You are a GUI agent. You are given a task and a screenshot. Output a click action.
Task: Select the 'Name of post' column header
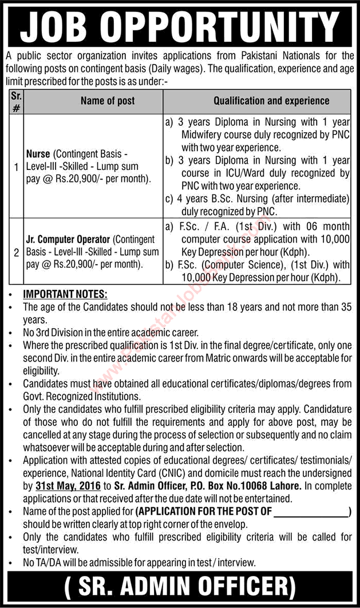tap(108, 101)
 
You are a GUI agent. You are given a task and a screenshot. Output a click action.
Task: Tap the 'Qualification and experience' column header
tap(271, 101)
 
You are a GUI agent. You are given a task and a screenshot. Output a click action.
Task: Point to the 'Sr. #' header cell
tap(16, 101)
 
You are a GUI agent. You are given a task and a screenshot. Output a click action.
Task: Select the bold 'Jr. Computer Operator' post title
tap(69, 240)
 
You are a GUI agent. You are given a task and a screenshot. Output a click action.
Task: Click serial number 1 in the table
tap(17, 168)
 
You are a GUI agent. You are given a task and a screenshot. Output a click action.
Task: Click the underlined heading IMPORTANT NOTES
tap(65, 294)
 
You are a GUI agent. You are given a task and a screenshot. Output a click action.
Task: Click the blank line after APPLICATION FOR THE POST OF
tap(311, 512)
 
